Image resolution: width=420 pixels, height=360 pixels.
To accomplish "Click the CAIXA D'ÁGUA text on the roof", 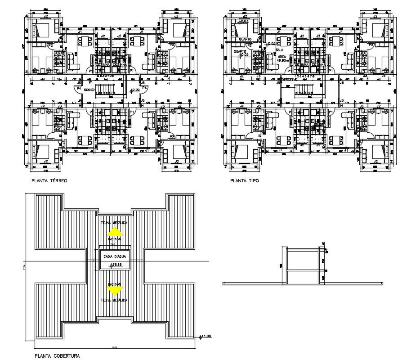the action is [x=115, y=256].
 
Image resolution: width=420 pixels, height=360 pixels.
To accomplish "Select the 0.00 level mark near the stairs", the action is [x=134, y=90].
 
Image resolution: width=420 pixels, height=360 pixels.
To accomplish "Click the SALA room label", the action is [x=279, y=50].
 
